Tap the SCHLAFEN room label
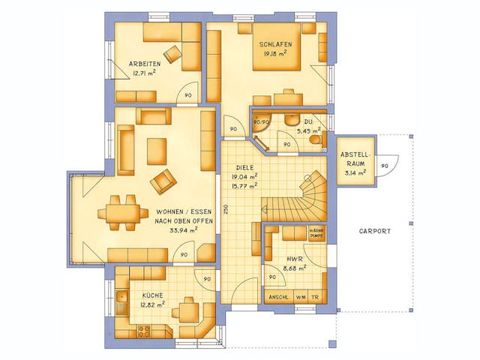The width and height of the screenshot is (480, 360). point(275,44)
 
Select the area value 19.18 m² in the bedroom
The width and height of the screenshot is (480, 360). point(275,54)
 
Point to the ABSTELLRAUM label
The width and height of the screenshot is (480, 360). point(353,160)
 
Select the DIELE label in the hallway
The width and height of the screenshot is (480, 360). point(244,168)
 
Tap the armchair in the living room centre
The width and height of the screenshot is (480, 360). point(163,180)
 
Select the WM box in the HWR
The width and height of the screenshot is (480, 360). point(301,297)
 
